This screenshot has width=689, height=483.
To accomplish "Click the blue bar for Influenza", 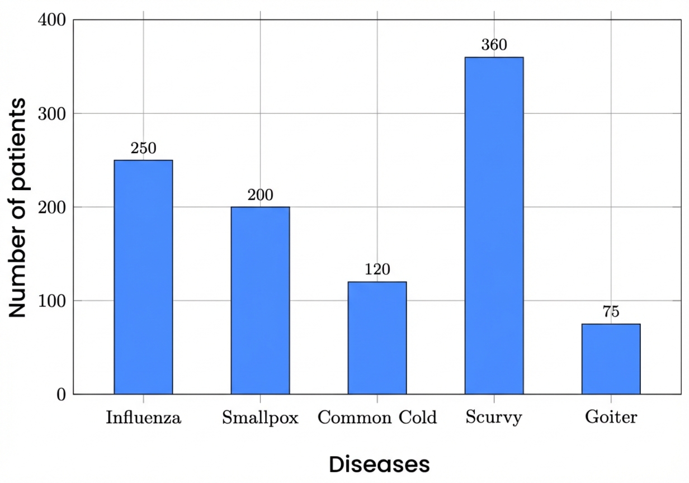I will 143,277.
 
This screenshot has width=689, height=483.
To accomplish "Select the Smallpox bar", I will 260,300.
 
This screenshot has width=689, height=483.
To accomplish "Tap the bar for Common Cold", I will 377,338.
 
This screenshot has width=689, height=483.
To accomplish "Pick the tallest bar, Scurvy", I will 494,225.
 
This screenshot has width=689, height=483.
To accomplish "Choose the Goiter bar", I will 611,359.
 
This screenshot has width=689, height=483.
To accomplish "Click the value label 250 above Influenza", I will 143,149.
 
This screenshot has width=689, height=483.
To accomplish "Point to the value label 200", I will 260,196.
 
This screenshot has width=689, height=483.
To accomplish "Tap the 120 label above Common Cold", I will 377,270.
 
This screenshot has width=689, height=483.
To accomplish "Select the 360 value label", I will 494,45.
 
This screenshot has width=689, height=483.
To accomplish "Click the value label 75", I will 611,312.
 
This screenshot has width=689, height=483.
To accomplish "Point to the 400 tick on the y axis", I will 53,20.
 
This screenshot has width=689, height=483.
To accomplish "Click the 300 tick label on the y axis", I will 53,114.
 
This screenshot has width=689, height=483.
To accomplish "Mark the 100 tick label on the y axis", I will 53,301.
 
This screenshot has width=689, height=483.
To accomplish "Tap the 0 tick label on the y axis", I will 61,395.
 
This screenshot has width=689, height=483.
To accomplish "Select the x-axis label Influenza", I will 144,418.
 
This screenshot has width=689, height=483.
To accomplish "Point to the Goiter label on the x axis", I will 611,418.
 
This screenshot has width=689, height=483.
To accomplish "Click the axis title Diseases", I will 379,465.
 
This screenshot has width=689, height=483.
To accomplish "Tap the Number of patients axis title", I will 18,208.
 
